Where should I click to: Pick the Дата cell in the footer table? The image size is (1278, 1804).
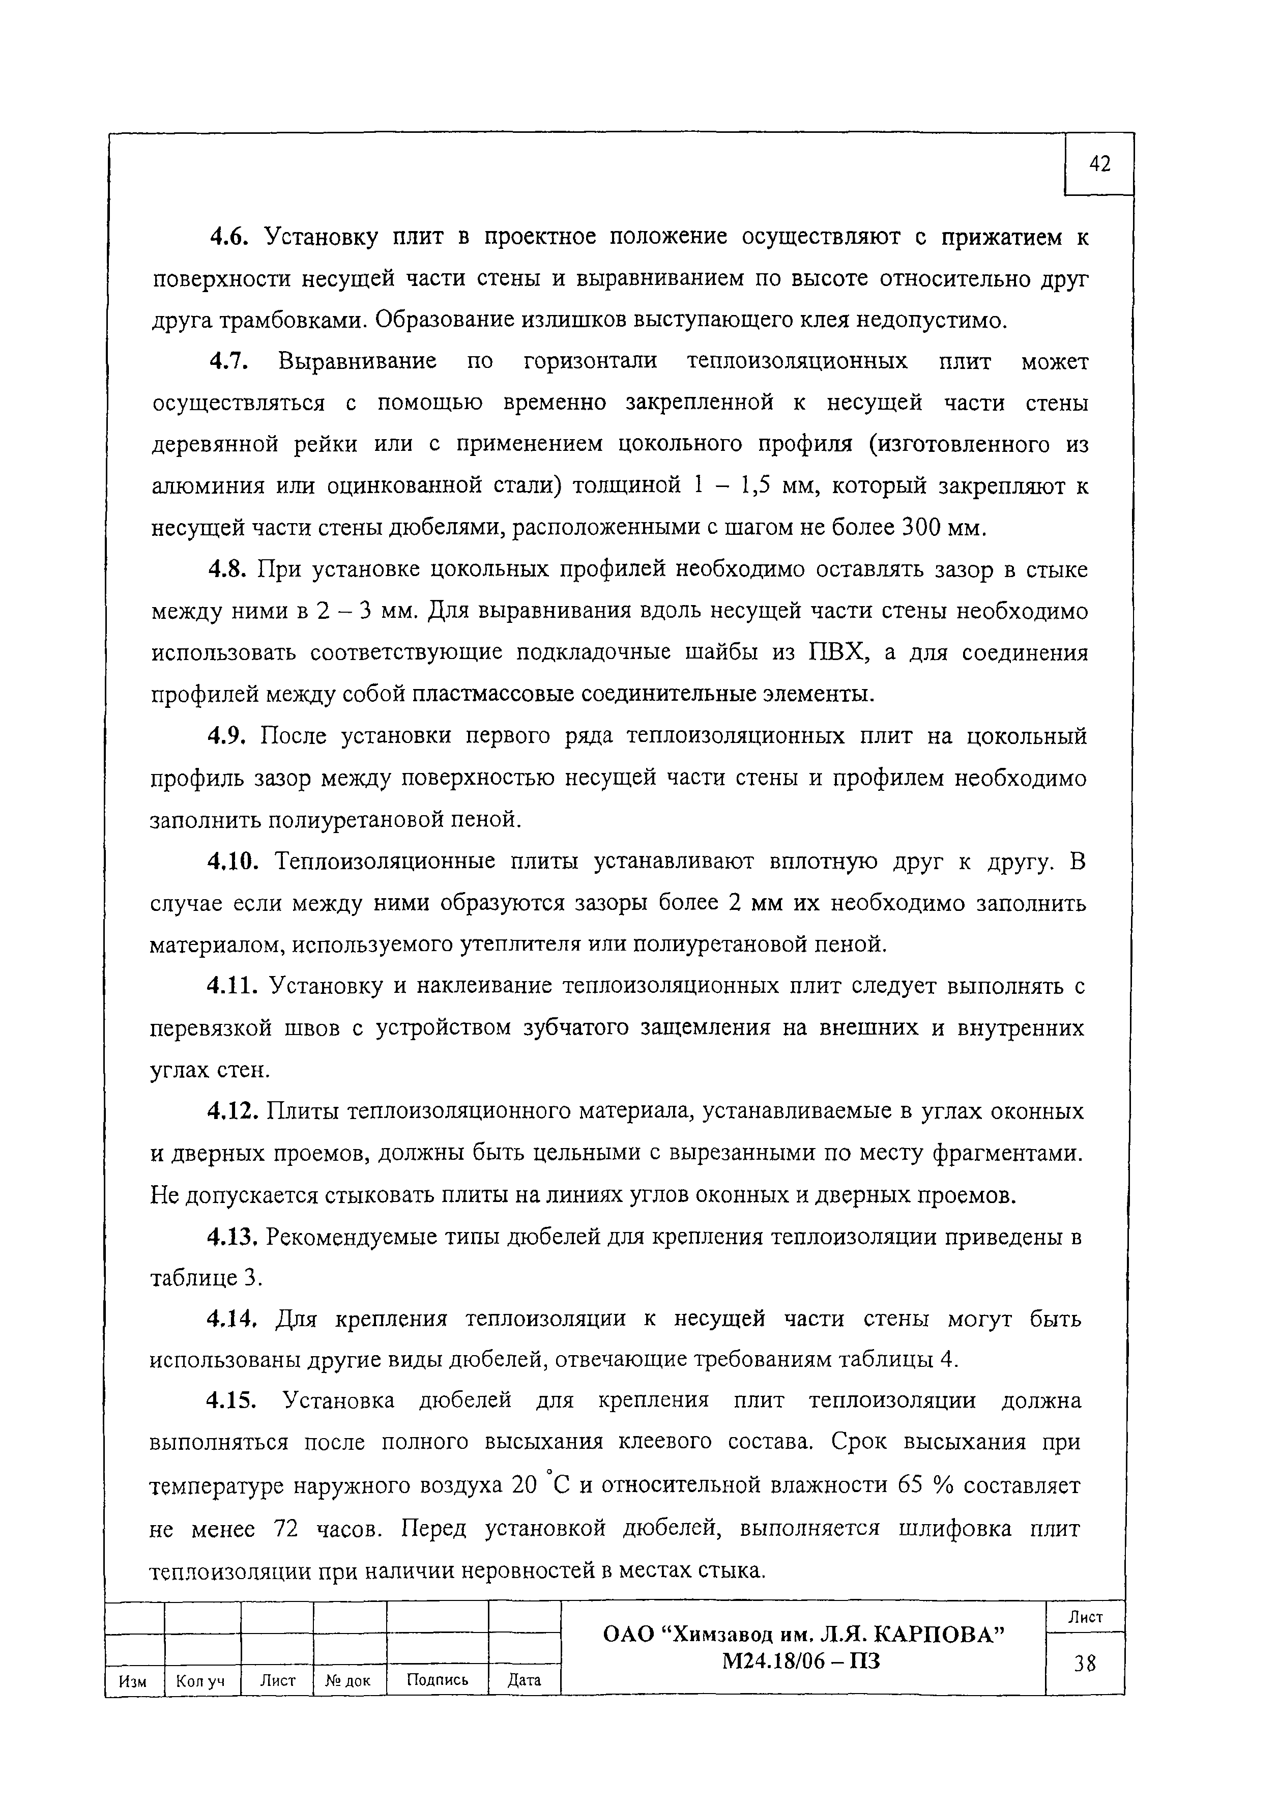point(524,1681)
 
